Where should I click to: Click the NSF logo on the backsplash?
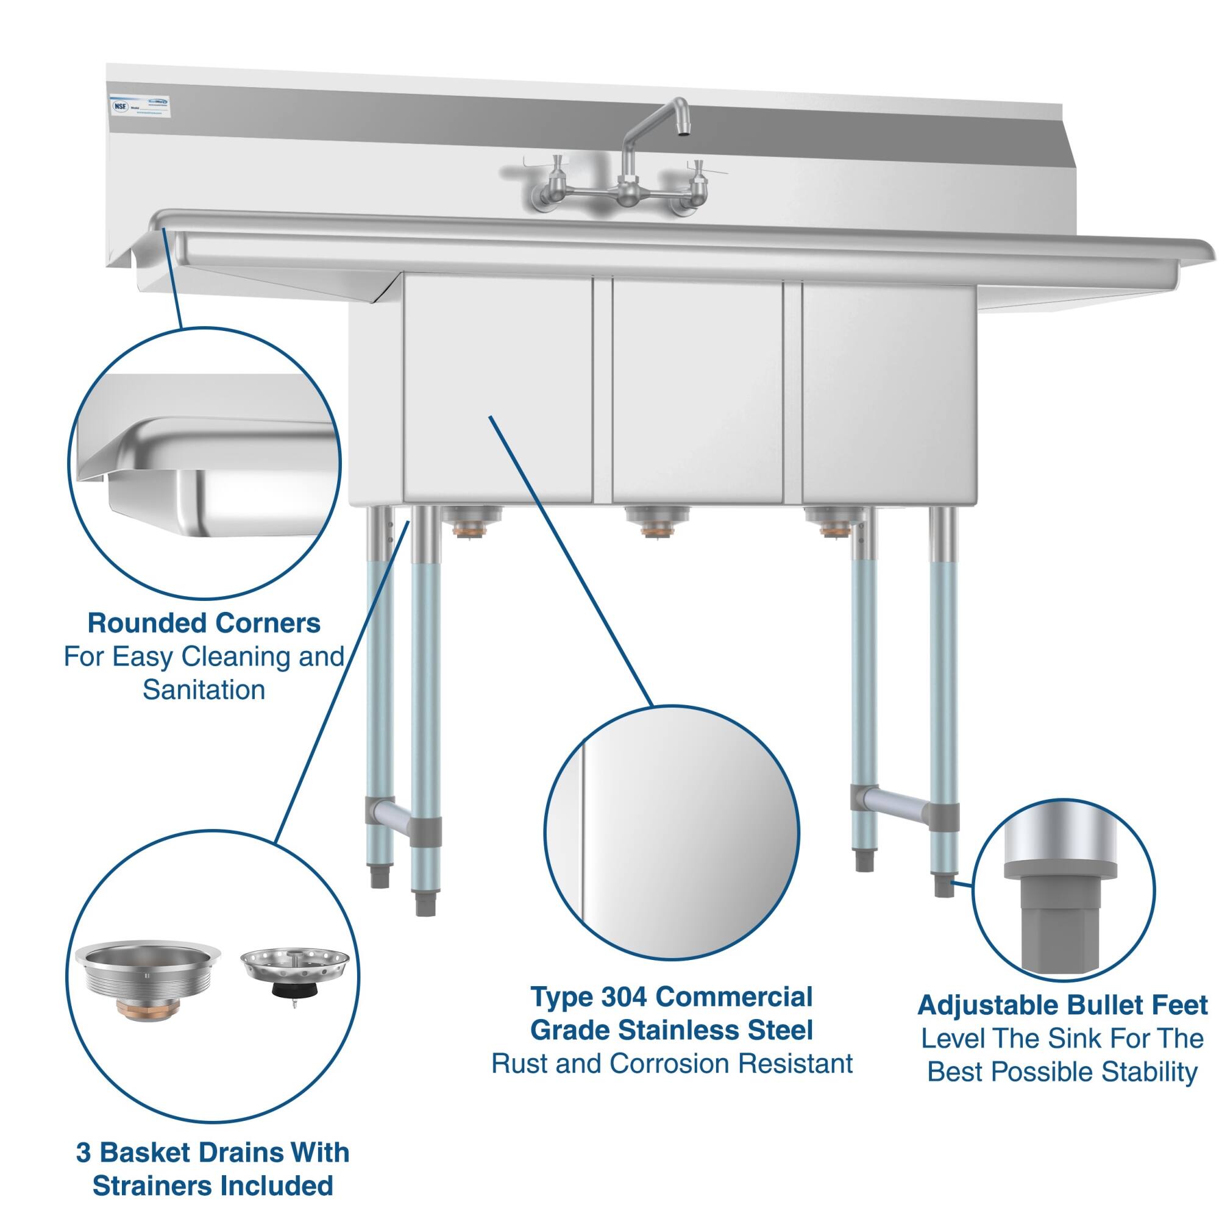tap(120, 106)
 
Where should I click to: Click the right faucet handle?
tap(699, 169)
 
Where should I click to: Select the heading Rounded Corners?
tap(204, 624)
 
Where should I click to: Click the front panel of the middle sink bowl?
tap(697, 391)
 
